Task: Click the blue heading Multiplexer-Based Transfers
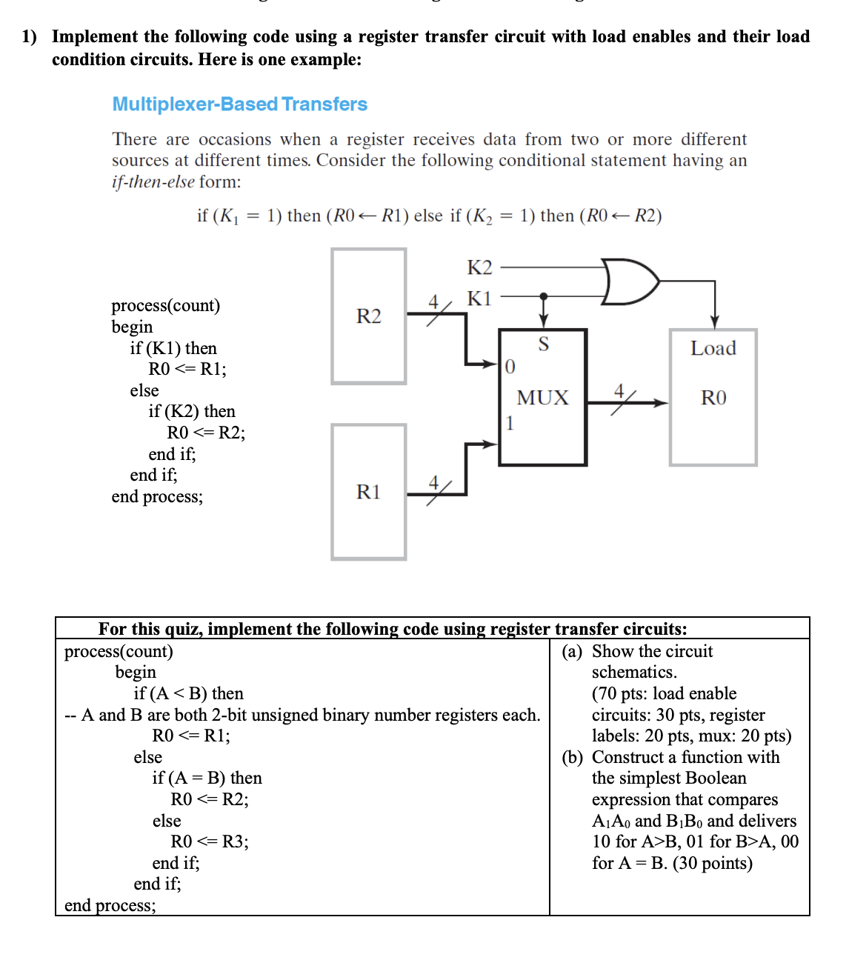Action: (x=239, y=104)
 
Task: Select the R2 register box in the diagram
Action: (x=368, y=316)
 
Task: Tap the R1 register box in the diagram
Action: (x=368, y=492)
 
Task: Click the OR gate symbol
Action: (x=629, y=281)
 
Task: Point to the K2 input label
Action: (x=479, y=267)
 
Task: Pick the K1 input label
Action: (x=479, y=299)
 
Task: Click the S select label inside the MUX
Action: (x=543, y=344)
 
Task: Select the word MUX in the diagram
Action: (x=542, y=398)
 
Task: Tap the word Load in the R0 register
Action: (x=713, y=348)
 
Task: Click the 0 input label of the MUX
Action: (x=510, y=367)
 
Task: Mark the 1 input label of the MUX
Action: (x=510, y=423)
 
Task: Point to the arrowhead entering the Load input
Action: (x=714, y=322)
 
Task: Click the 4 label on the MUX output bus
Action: (x=620, y=390)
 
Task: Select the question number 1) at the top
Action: (x=29, y=36)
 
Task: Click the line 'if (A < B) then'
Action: (x=188, y=693)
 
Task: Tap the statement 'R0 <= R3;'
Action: (x=210, y=841)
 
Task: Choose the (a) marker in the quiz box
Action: (x=571, y=651)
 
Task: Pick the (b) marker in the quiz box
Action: (x=571, y=757)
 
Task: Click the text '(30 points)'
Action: (x=712, y=863)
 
